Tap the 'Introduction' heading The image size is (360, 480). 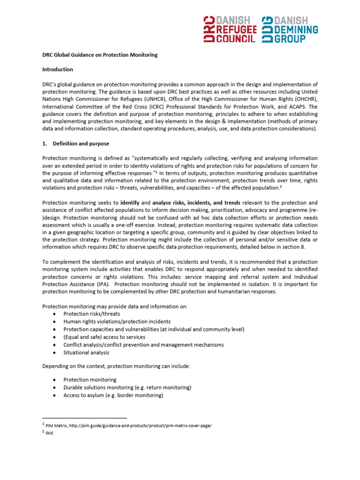(58, 69)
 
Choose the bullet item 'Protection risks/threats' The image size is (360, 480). (92, 314)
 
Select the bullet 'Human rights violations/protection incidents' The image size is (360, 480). (117, 322)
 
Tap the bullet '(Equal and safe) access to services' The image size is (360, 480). (104, 337)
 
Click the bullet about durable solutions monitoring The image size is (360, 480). (127, 388)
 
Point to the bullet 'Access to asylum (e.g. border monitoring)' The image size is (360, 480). (113, 395)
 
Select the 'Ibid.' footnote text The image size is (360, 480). (50, 433)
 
